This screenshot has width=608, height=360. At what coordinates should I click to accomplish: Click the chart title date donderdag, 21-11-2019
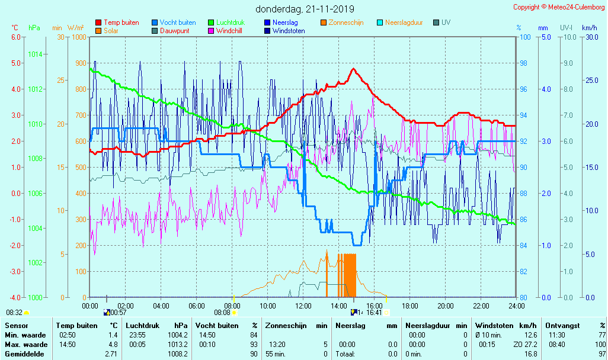(x=305, y=9)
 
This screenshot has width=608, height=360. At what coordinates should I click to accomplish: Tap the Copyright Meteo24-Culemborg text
(x=559, y=7)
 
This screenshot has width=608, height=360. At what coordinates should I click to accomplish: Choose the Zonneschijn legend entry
(x=345, y=22)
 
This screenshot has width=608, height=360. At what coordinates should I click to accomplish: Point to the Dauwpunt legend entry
(x=175, y=31)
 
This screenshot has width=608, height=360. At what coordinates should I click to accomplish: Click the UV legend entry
(x=446, y=22)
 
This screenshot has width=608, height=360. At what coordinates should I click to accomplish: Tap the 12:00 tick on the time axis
(x=303, y=306)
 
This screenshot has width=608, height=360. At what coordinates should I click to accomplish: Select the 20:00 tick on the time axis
(x=446, y=306)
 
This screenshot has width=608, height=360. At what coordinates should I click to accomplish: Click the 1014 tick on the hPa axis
(x=35, y=54)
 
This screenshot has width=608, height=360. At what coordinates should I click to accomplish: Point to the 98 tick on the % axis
(x=524, y=63)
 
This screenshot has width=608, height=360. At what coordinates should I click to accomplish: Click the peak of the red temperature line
(x=354, y=69)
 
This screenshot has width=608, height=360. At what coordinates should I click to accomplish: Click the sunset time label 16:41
(x=374, y=313)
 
